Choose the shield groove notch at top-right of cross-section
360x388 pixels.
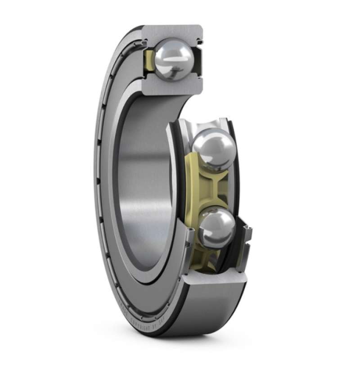[198, 43]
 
